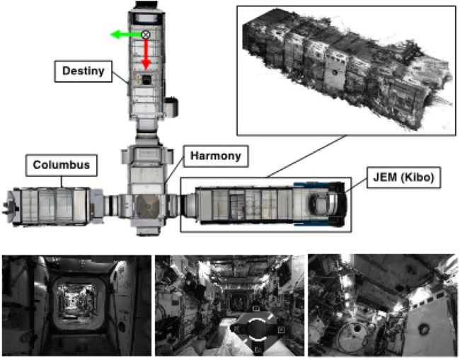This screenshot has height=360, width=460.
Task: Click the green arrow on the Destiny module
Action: coord(126,34)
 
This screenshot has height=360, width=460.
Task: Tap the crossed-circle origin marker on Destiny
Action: coord(146,34)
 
